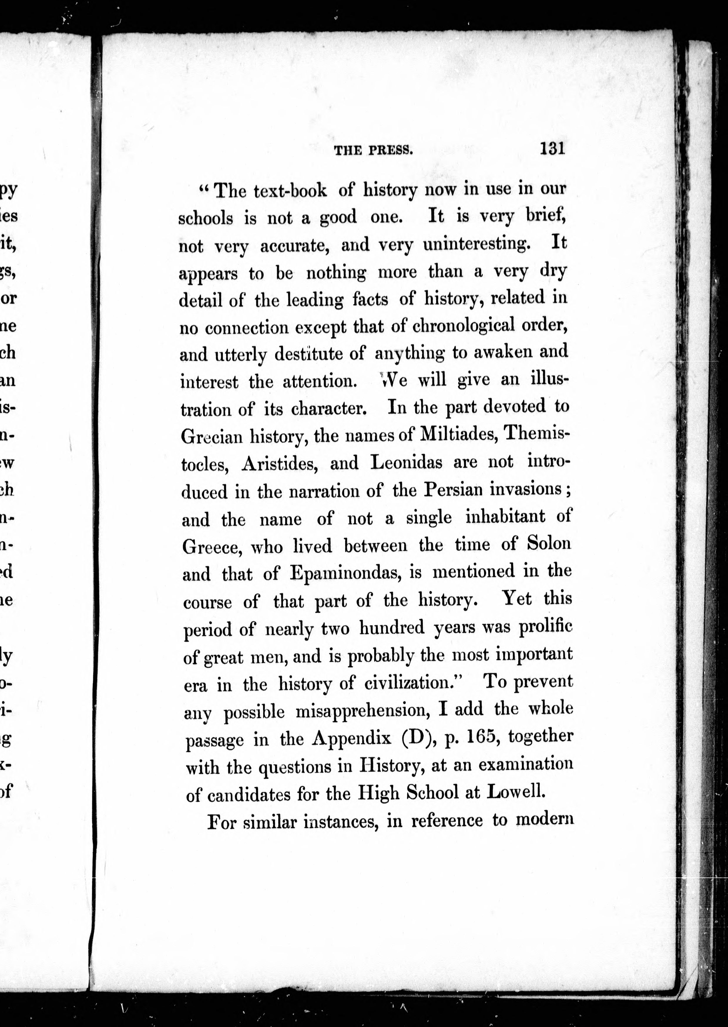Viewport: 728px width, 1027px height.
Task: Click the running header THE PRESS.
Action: coord(373,151)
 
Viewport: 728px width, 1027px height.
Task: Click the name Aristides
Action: coord(280,464)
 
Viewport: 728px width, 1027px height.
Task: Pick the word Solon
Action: coord(549,544)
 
